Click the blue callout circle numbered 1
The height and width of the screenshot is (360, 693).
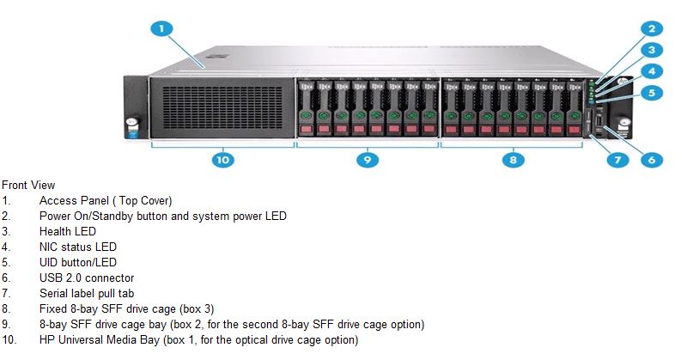pyautogui.click(x=161, y=29)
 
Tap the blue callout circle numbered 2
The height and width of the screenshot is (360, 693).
pyautogui.click(x=652, y=29)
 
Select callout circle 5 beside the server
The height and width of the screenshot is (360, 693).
pyautogui.click(x=652, y=93)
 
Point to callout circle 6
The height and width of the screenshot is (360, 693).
pyautogui.click(x=652, y=160)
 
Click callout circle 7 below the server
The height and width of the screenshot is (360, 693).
pyautogui.click(x=617, y=160)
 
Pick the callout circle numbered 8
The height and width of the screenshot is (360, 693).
pyautogui.click(x=514, y=160)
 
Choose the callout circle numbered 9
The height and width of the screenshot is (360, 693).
pyautogui.click(x=368, y=160)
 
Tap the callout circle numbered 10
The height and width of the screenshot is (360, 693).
pyautogui.click(x=222, y=160)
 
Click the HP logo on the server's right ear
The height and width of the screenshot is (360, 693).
pyautogui.click(x=622, y=82)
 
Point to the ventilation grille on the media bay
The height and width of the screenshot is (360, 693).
pyautogui.click(x=222, y=107)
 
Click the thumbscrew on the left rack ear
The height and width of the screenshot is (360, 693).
pyautogui.click(x=131, y=122)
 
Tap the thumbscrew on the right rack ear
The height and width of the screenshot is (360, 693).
pyautogui.click(x=623, y=122)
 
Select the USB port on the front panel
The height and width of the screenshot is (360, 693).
pyautogui.click(x=599, y=121)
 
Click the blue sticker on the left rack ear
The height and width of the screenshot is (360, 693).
pyautogui.click(x=132, y=134)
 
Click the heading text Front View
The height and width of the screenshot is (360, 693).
pyautogui.click(x=28, y=185)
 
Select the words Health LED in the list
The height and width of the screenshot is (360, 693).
pyautogui.click(x=68, y=231)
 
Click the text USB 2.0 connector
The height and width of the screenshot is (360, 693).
pyautogui.click(x=87, y=278)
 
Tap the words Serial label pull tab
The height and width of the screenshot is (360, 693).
pyautogui.click(x=87, y=293)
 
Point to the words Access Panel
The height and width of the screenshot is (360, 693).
pyautogui.click(x=74, y=200)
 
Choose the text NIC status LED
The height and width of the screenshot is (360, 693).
pyautogui.click(x=78, y=247)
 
